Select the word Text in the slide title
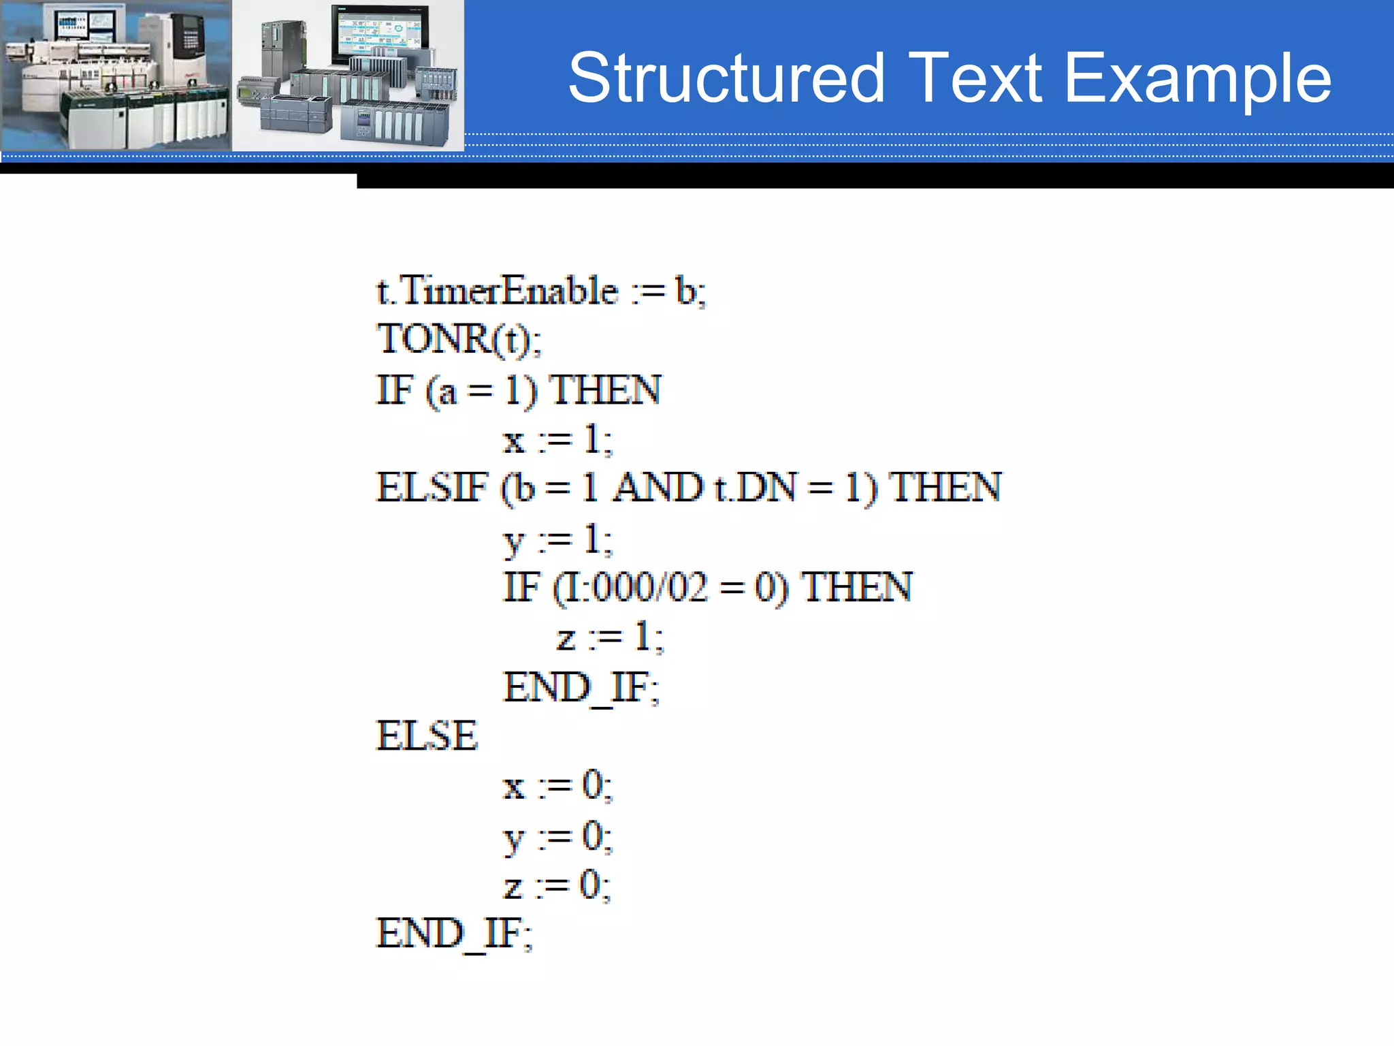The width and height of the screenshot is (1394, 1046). point(975,79)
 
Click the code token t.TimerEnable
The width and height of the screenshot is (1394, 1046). point(497,291)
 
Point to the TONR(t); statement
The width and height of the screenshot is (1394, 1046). point(459,340)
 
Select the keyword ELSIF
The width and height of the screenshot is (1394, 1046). point(432,488)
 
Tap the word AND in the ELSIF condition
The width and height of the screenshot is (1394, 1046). point(658,488)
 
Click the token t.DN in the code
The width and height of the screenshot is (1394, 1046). point(754,488)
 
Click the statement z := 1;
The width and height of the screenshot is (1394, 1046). point(610,638)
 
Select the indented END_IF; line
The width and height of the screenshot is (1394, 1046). point(581,687)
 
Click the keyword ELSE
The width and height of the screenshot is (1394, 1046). point(427,736)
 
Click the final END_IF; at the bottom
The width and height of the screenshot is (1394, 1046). point(455,934)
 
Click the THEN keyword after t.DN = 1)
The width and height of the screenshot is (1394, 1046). point(945,488)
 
